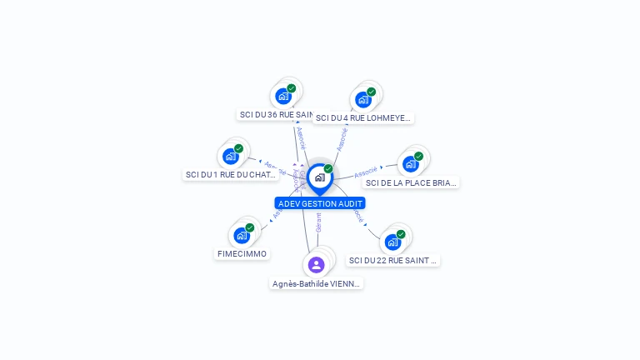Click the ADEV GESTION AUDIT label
pos(320,203)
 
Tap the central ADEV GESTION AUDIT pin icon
pos(319,177)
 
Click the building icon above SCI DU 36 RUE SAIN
pos(283,96)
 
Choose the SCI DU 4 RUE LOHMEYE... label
pos(363,118)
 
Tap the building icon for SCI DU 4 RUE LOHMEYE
pos(362,100)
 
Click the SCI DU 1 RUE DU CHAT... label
pos(230,175)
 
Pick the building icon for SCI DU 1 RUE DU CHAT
pos(231,156)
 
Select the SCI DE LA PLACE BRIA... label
pos(412,182)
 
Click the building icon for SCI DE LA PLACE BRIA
pos(410,163)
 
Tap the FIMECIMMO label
pos(242,253)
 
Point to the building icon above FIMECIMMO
pos(242,235)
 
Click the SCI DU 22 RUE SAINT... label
pos(392,260)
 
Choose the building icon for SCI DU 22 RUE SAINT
pos(392,242)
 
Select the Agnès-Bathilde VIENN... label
pos(317,283)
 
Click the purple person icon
pos(316,265)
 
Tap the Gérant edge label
pos(318,222)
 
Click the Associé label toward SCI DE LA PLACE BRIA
pos(366,172)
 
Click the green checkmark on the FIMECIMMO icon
pos(249,227)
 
